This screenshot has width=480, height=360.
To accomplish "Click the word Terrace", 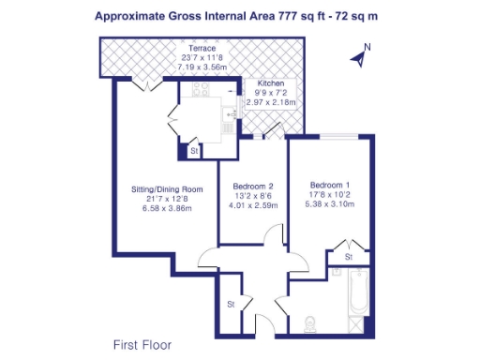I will tap(202, 48).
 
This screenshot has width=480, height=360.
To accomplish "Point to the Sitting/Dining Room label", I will tap(167, 188).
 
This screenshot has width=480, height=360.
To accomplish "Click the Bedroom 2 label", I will tap(253, 186).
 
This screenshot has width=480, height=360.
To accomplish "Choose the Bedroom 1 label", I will tap(329, 185).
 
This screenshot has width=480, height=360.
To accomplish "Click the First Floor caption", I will tap(142, 343).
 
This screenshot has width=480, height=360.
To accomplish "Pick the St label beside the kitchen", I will tap(194, 150).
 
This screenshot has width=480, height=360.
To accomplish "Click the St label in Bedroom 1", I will tap(347, 256).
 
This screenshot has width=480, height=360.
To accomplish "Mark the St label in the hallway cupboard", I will tap(231, 304).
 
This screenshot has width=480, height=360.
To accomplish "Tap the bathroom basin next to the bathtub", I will tap(359, 324).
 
